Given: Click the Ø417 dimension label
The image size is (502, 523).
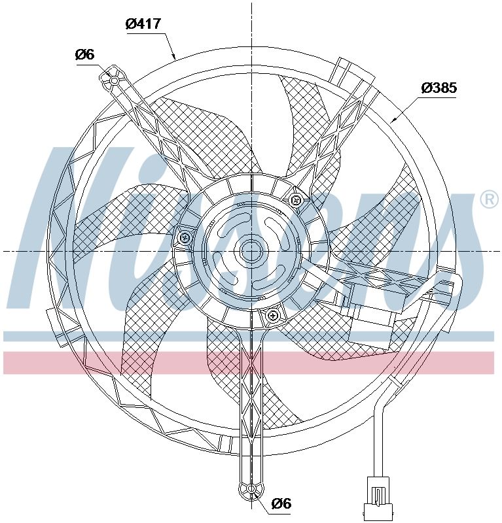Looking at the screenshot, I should click(x=143, y=24).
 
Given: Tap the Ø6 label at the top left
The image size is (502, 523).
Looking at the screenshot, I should click(x=85, y=55).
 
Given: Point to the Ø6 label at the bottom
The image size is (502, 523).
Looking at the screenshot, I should click(x=280, y=503).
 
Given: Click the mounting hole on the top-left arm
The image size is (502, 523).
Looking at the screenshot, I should click(x=114, y=80).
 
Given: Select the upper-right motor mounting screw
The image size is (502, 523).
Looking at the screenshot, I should click(x=296, y=200).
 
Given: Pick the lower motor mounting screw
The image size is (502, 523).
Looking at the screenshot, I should click(x=273, y=316).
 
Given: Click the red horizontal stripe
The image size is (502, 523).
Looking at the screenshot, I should click(x=249, y=363).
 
